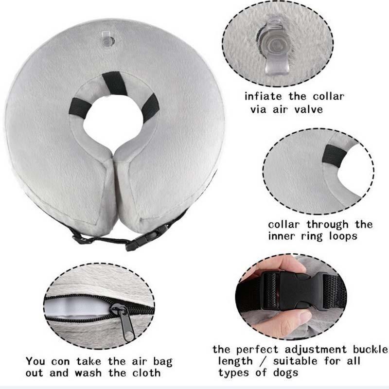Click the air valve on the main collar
(x=108, y=40)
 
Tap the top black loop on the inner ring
(x=115, y=84)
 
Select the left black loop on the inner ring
(x=80, y=107)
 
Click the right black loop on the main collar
(x=150, y=106)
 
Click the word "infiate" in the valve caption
(x=263, y=96)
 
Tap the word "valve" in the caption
(x=309, y=109)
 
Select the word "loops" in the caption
(x=343, y=236)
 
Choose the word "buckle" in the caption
(x=370, y=349)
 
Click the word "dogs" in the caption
(x=285, y=372)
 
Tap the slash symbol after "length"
(x=263, y=361)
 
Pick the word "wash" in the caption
(x=88, y=373)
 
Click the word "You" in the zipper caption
(x=35, y=361)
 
